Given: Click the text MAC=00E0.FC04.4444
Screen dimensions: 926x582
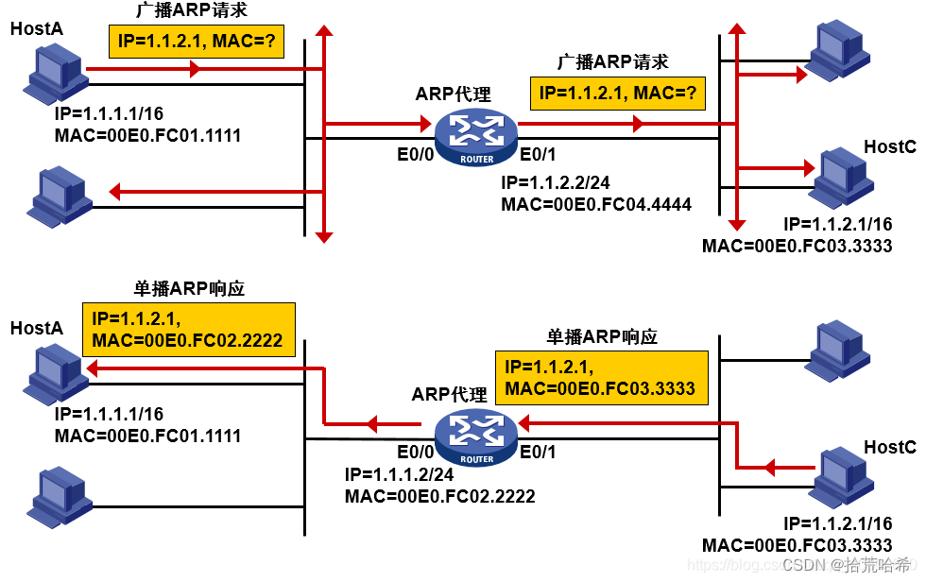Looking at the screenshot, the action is (x=596, y=205).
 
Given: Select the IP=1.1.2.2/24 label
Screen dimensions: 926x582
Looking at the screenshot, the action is (x=556, y=183).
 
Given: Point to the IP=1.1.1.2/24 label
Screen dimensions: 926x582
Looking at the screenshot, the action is (x=399, y=474).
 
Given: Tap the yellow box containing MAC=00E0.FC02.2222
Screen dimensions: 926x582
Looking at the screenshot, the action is (x=189, y=330).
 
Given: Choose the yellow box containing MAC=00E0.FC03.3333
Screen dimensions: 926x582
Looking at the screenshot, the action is (x=602, y=378).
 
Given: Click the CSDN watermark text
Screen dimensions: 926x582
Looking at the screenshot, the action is (x=847, y=565).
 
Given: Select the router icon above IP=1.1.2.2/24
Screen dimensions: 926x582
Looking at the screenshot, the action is (x=476, y=138).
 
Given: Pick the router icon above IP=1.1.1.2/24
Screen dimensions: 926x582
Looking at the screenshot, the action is (x=476, y=437).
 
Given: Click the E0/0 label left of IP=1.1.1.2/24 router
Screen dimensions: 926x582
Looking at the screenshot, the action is (x=415, y=453).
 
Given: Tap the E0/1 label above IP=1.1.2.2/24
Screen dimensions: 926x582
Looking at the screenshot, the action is (x=538, y=155).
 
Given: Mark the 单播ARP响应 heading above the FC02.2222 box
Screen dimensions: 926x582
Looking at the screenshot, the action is (x=189, y=289).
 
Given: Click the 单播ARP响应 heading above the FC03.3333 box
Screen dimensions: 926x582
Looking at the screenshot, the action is (x=602, y=337).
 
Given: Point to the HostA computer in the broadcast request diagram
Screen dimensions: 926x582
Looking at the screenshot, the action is (x=56, y=75).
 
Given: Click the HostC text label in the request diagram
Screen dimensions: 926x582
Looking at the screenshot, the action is (x=890, y=147).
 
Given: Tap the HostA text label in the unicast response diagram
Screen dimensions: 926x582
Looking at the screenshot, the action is (x=37, y=328).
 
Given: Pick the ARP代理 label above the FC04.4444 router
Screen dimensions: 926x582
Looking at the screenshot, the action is (x=453, y=94).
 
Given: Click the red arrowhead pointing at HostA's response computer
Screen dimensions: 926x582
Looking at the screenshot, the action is (x=92, y=368).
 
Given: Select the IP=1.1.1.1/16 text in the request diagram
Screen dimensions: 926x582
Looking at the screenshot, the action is (x=109, y=114).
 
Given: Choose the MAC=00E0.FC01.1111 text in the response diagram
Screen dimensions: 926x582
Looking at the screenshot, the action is (x=147, y=436).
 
